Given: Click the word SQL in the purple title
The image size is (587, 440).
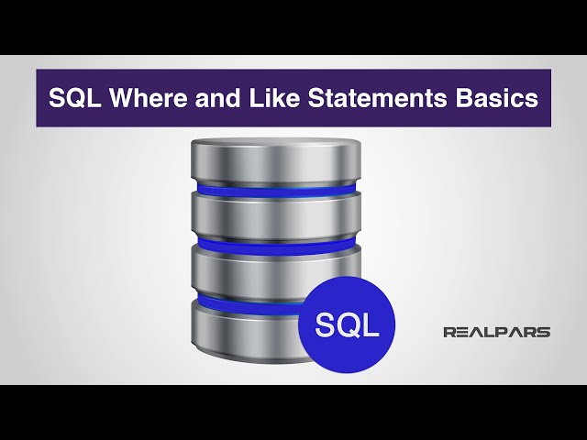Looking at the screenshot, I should [72, 99].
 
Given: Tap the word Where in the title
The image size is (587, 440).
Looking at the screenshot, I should [145, 99].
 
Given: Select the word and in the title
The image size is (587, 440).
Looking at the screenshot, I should [209, 99].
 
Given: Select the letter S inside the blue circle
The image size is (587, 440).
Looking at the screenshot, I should [326, 325].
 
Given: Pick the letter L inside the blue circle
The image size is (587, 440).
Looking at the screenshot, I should [370, 325].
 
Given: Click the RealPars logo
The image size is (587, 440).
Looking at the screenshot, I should [496, 332].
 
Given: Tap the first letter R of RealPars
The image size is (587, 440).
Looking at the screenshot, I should [449, 332].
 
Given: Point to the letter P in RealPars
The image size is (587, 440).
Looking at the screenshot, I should [507, 332].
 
